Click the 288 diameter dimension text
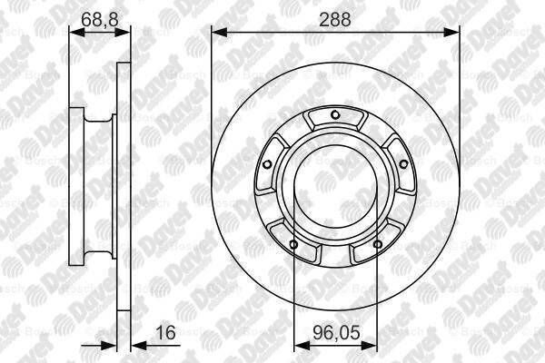(x=335, y=17)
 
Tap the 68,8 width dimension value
(x=93, y=17)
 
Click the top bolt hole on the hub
(x=335, y=114)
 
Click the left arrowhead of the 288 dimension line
(x=217, y=32)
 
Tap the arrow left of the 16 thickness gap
(x=111, y=345)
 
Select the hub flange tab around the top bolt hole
(x=335, y=121)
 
